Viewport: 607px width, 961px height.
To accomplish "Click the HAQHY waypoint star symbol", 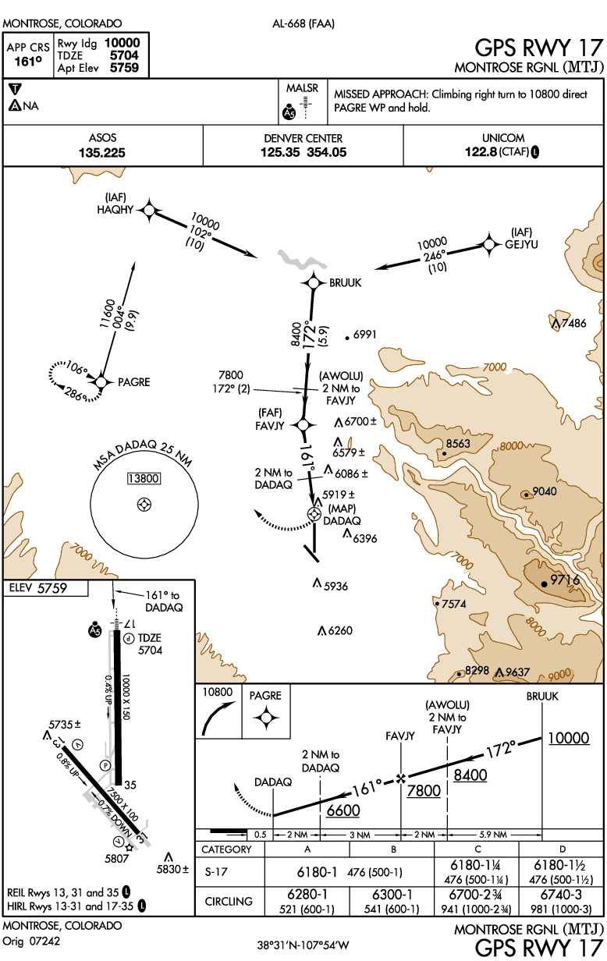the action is (149, 211).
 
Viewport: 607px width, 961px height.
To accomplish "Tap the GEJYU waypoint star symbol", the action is (489, 245).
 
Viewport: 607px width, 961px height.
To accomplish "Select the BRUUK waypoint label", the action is (346, 283).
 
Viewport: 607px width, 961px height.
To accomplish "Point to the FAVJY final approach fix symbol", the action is (303, 425).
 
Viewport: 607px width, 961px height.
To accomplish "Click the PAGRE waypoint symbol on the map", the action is (101, 381).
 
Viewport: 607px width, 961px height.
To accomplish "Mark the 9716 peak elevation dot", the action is (544, 584).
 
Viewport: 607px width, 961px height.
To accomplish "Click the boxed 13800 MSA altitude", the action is (144, 478).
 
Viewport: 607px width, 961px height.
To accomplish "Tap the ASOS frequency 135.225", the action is (102, 153).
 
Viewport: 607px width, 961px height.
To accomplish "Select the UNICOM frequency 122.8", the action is (481, 152).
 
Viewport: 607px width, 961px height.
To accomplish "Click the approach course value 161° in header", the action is (28, 62).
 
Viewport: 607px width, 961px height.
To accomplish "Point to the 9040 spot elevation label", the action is (545, 491).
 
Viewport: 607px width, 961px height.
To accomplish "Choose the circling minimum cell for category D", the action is (561, 902).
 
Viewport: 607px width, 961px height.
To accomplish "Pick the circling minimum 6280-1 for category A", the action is (307, 895).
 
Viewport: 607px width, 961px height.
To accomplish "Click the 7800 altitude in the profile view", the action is (424, 791).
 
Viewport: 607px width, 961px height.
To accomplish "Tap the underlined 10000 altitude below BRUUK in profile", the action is (569, 739).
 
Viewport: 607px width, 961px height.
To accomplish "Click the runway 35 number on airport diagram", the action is (130, 785).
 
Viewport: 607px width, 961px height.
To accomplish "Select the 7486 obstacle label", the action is (573, 323).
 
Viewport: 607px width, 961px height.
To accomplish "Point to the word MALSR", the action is (303, 88).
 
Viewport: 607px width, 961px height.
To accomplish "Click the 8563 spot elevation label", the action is (458, 444).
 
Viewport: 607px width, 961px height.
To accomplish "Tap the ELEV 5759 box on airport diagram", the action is (45, 588).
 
